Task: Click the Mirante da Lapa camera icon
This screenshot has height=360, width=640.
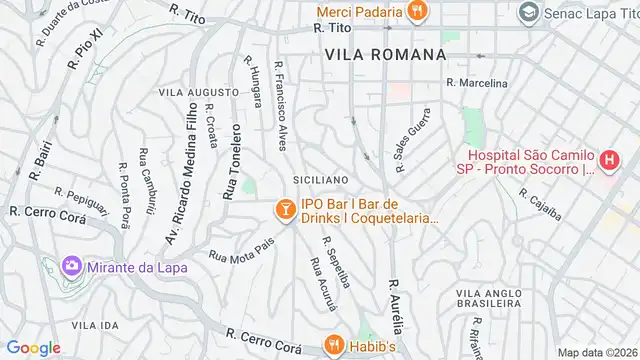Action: [71, 267]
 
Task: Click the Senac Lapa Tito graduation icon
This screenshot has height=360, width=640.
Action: [528, 13]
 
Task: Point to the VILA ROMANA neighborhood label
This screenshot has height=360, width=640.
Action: [384, 54]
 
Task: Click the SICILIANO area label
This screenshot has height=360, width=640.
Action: [320, 180]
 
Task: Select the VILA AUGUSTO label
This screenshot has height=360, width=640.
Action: [199, 92]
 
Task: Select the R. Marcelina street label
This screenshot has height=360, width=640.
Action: [476, 82]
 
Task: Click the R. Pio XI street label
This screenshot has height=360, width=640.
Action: [85, 47]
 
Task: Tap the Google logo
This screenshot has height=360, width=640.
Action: [33, 347]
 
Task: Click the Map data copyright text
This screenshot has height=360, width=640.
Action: [598, 352]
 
